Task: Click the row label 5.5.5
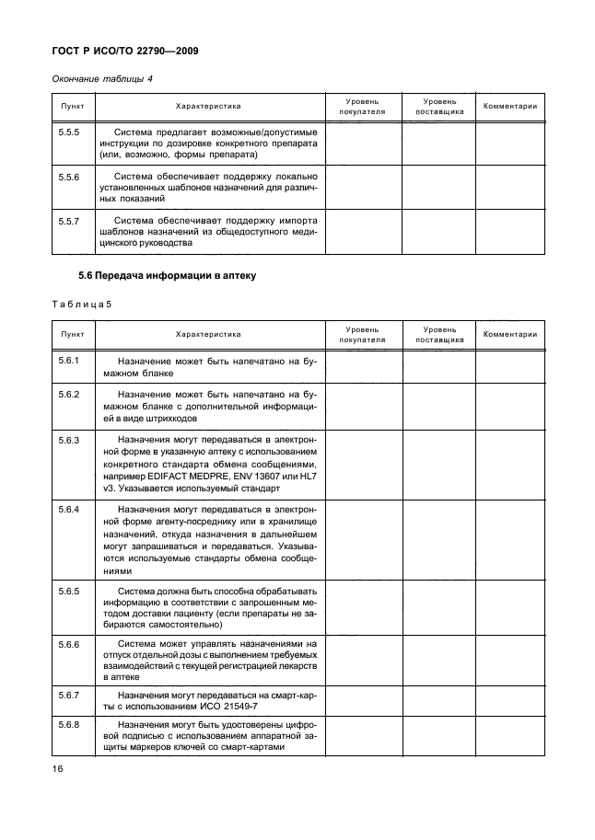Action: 68,132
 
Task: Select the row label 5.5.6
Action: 68,176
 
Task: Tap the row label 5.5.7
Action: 68,222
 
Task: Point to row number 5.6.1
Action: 68,361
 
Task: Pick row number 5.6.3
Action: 68,442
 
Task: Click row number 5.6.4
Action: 68,510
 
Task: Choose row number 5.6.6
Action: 68,643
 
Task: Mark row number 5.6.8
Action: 68,725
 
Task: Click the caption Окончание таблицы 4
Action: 100,78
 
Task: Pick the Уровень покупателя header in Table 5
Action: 362,334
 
